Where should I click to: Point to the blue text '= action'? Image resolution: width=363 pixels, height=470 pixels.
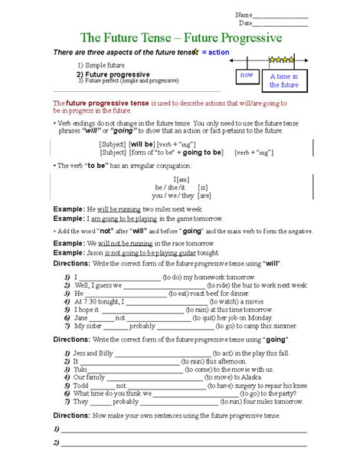tap(212, 51)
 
